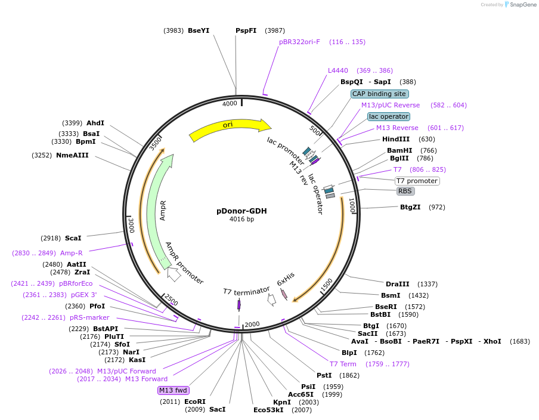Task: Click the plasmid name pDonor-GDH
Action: pyautogui.click(x=241, y=211)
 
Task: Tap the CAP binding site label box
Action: pyautogui.click(x=379, y=94)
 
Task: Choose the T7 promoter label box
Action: pyautogui.click(x=417, y=181)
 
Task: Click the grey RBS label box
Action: pyautogui.click(x=405, y=192)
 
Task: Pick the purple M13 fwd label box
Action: pyautogui.click(x=173, y=390)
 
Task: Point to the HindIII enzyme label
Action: pyautogui.click(x=396, y=139)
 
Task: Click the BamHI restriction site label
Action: pyautogui.click(x=399, y=150)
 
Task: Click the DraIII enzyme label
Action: pyautogui.click(x=397, y=284)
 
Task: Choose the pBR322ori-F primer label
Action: pyautogui.click(x=299, y=42)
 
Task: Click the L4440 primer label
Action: pyautogui.click(x=338, y=70)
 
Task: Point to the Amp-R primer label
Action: pyautogui.click(x=72, y=253)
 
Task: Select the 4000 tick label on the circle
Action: pyautogui.click(x=230, y=104)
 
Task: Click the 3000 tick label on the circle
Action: pyautogui.click(x=131, y=225)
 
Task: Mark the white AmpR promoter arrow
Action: pyautogui.click(x=174, y=274)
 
